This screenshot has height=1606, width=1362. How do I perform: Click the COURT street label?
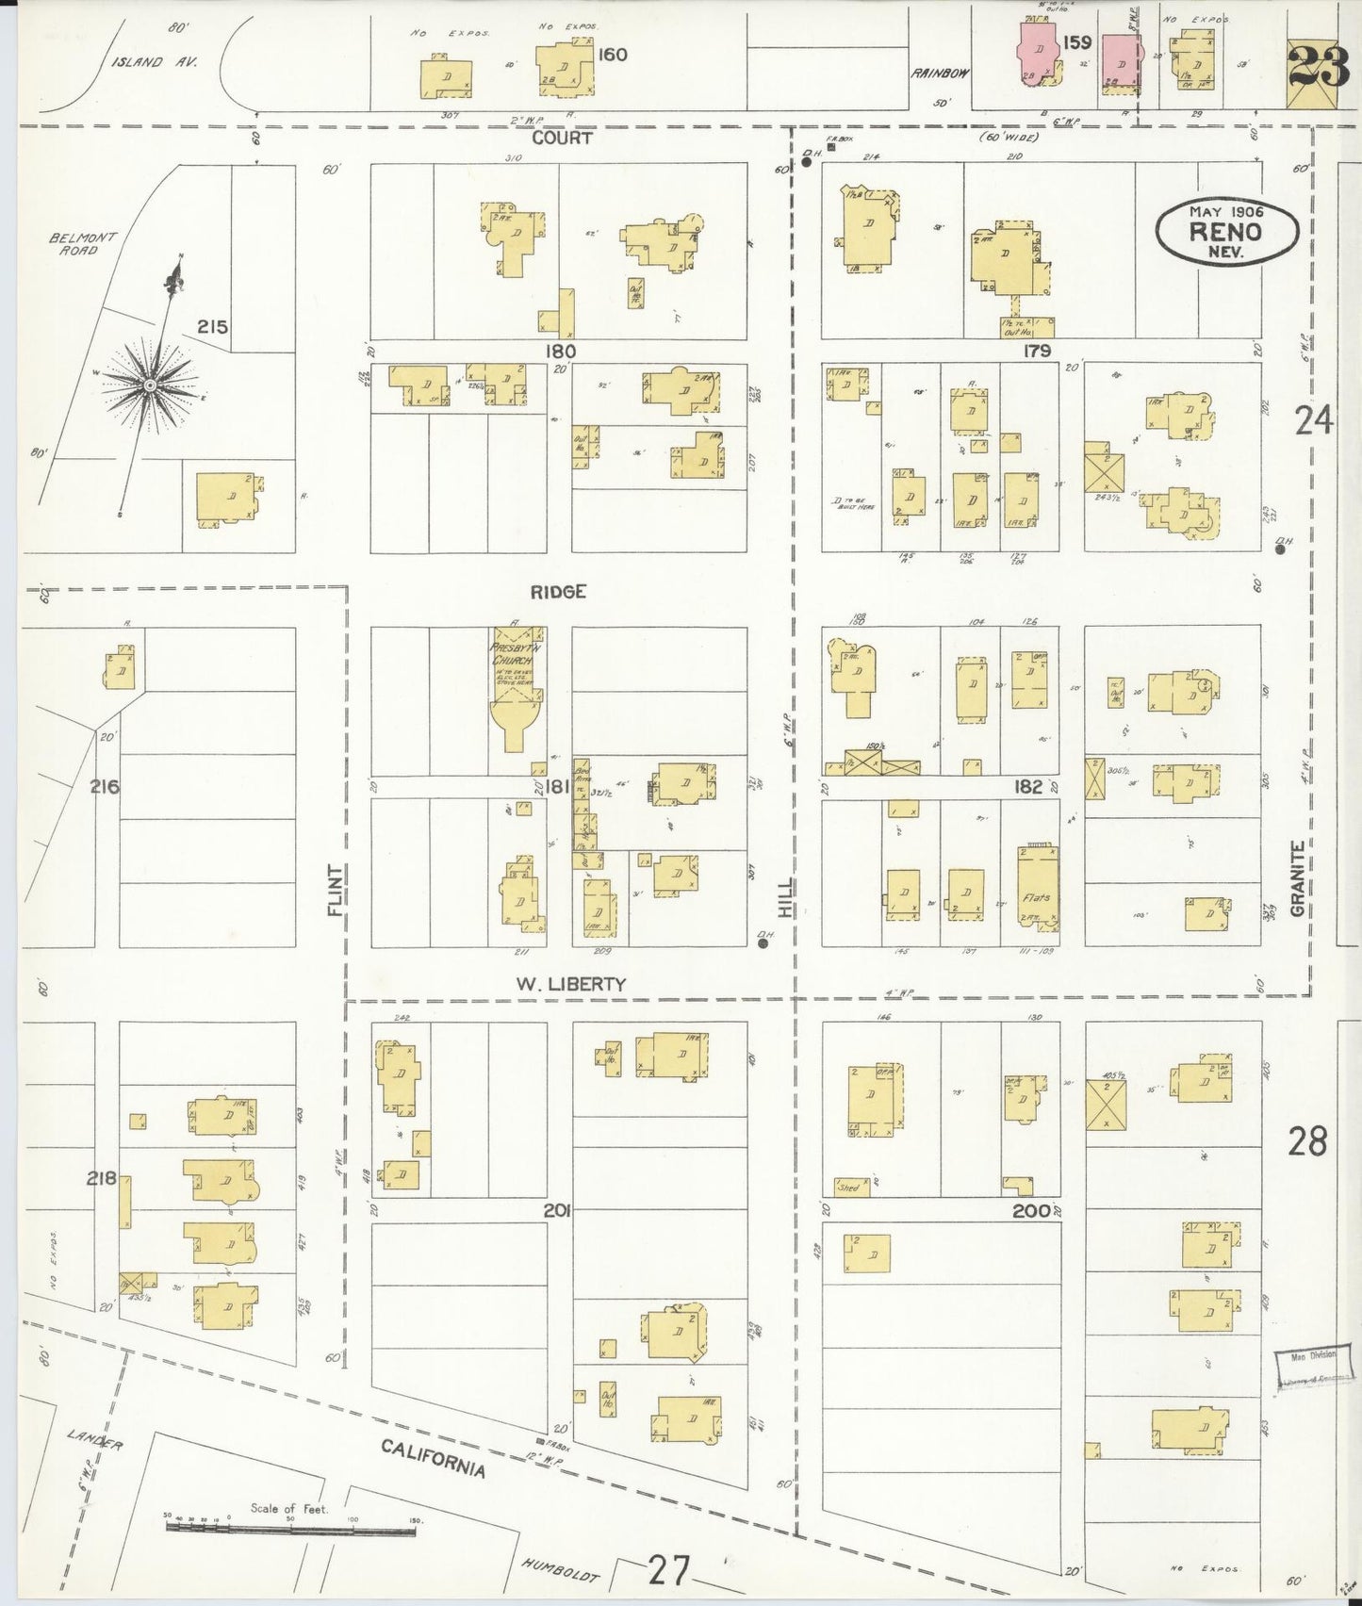click(x=562, y=138)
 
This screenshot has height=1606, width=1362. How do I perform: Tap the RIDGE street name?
click(x=558, y=592)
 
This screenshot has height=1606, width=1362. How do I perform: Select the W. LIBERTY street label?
click(x=570, y=984)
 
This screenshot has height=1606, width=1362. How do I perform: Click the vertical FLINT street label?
click(x=335, y=891)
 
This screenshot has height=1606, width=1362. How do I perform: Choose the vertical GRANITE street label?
click(x=1298, y=878)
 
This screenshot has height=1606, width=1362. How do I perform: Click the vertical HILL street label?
click(x=784, y=898)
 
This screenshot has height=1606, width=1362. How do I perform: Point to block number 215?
click(x=212, y=327)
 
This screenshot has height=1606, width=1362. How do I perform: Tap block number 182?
click(x=1027, y=787)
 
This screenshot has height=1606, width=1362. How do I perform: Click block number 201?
click(x=557, y=1210)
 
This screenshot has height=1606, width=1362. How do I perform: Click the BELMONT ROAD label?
click(x=83, y=243)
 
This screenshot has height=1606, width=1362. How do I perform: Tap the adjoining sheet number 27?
click(x=668, y=1571)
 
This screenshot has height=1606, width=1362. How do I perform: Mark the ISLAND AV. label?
click(x=151, y=62)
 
